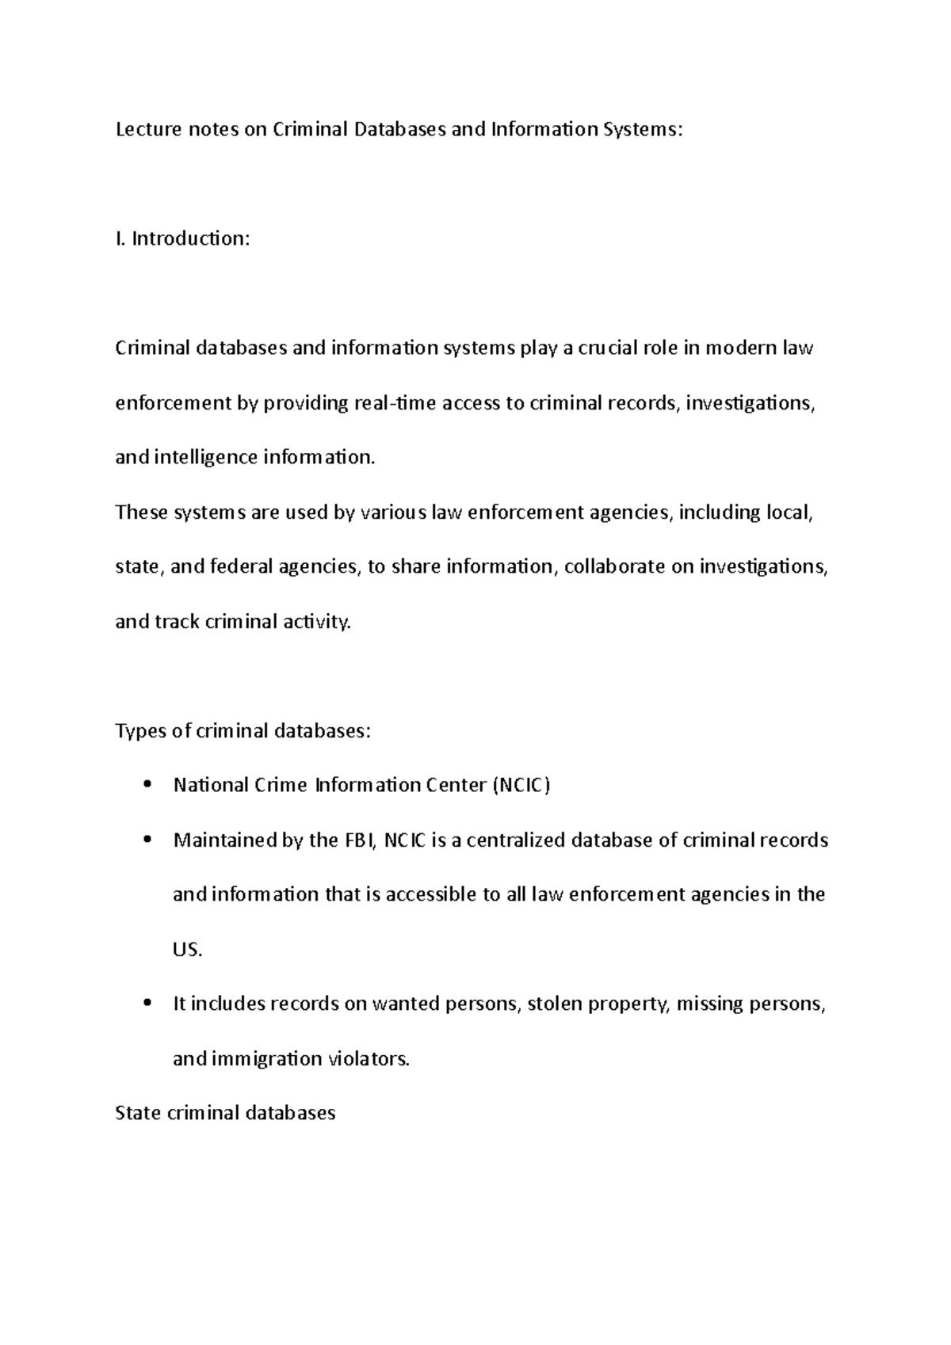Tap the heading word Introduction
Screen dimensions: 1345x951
point(190,238)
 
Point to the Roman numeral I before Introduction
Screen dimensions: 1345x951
point(119,238)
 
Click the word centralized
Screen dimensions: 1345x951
point(516,840)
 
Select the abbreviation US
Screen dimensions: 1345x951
point(187,950)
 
